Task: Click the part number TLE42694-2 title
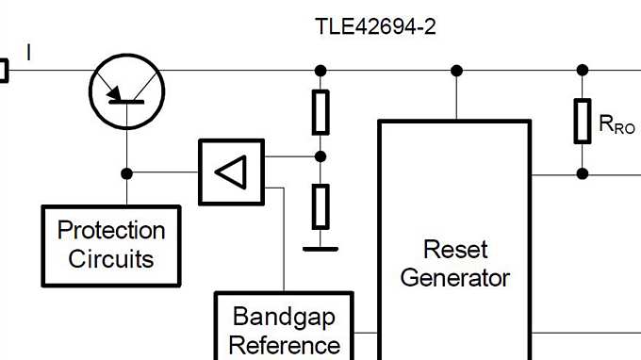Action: click(x=375, y=26)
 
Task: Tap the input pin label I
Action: click(x=28, y=54)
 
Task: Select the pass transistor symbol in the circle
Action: click(x=127, y=91)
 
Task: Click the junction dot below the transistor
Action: click(x=127, y=173)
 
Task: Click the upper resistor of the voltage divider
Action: click(x=320, y=112)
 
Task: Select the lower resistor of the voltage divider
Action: click(x=320, y=206)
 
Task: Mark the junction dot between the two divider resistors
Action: click(x=320, y=156)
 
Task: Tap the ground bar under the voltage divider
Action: click(x=320, y=249)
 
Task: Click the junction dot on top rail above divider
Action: click(x=320, y=71)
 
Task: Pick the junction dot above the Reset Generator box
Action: click(x=457, y=71)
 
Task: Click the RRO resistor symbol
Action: click(x=583, y=121)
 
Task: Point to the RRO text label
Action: click(x=617, y=123)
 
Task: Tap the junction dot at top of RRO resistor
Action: click(x=583, y=71)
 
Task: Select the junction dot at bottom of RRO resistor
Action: click(x=583, y=173)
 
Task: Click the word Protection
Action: click(x=111, y=231)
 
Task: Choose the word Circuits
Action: click(x=111, y=258)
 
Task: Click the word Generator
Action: click(x=455, y=278)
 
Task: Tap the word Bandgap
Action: click(x=284, y=316)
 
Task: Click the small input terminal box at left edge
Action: click(x=3, y=71)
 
